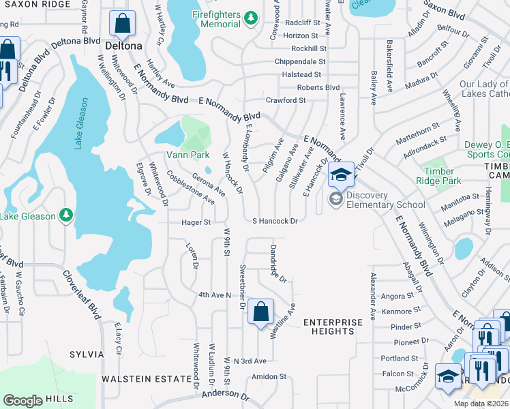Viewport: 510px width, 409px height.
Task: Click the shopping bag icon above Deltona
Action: coord(123,24)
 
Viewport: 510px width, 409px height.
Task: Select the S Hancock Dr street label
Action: coord(275,221)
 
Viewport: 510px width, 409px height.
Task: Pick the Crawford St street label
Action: coord(286,100)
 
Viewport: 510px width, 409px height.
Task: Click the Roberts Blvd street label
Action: coord(318,87)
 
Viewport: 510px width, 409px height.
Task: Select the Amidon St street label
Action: coord(269,376)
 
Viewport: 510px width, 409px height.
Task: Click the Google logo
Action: coord(22,401)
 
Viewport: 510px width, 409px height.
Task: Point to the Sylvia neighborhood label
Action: coord(87,354)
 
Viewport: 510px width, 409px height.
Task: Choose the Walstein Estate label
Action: coord(147,378)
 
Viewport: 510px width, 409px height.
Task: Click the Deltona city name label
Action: coord(124,46)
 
